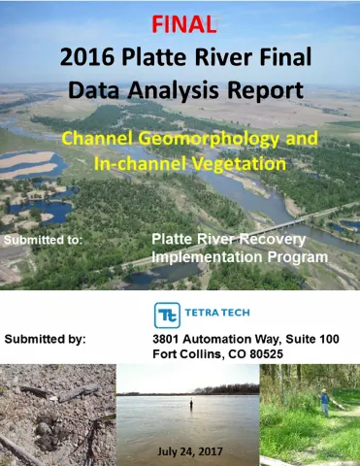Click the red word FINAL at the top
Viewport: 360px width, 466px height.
click(180, 21)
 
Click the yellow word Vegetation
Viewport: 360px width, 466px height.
click(239, 164)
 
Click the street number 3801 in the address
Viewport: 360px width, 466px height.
click(169, 340)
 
